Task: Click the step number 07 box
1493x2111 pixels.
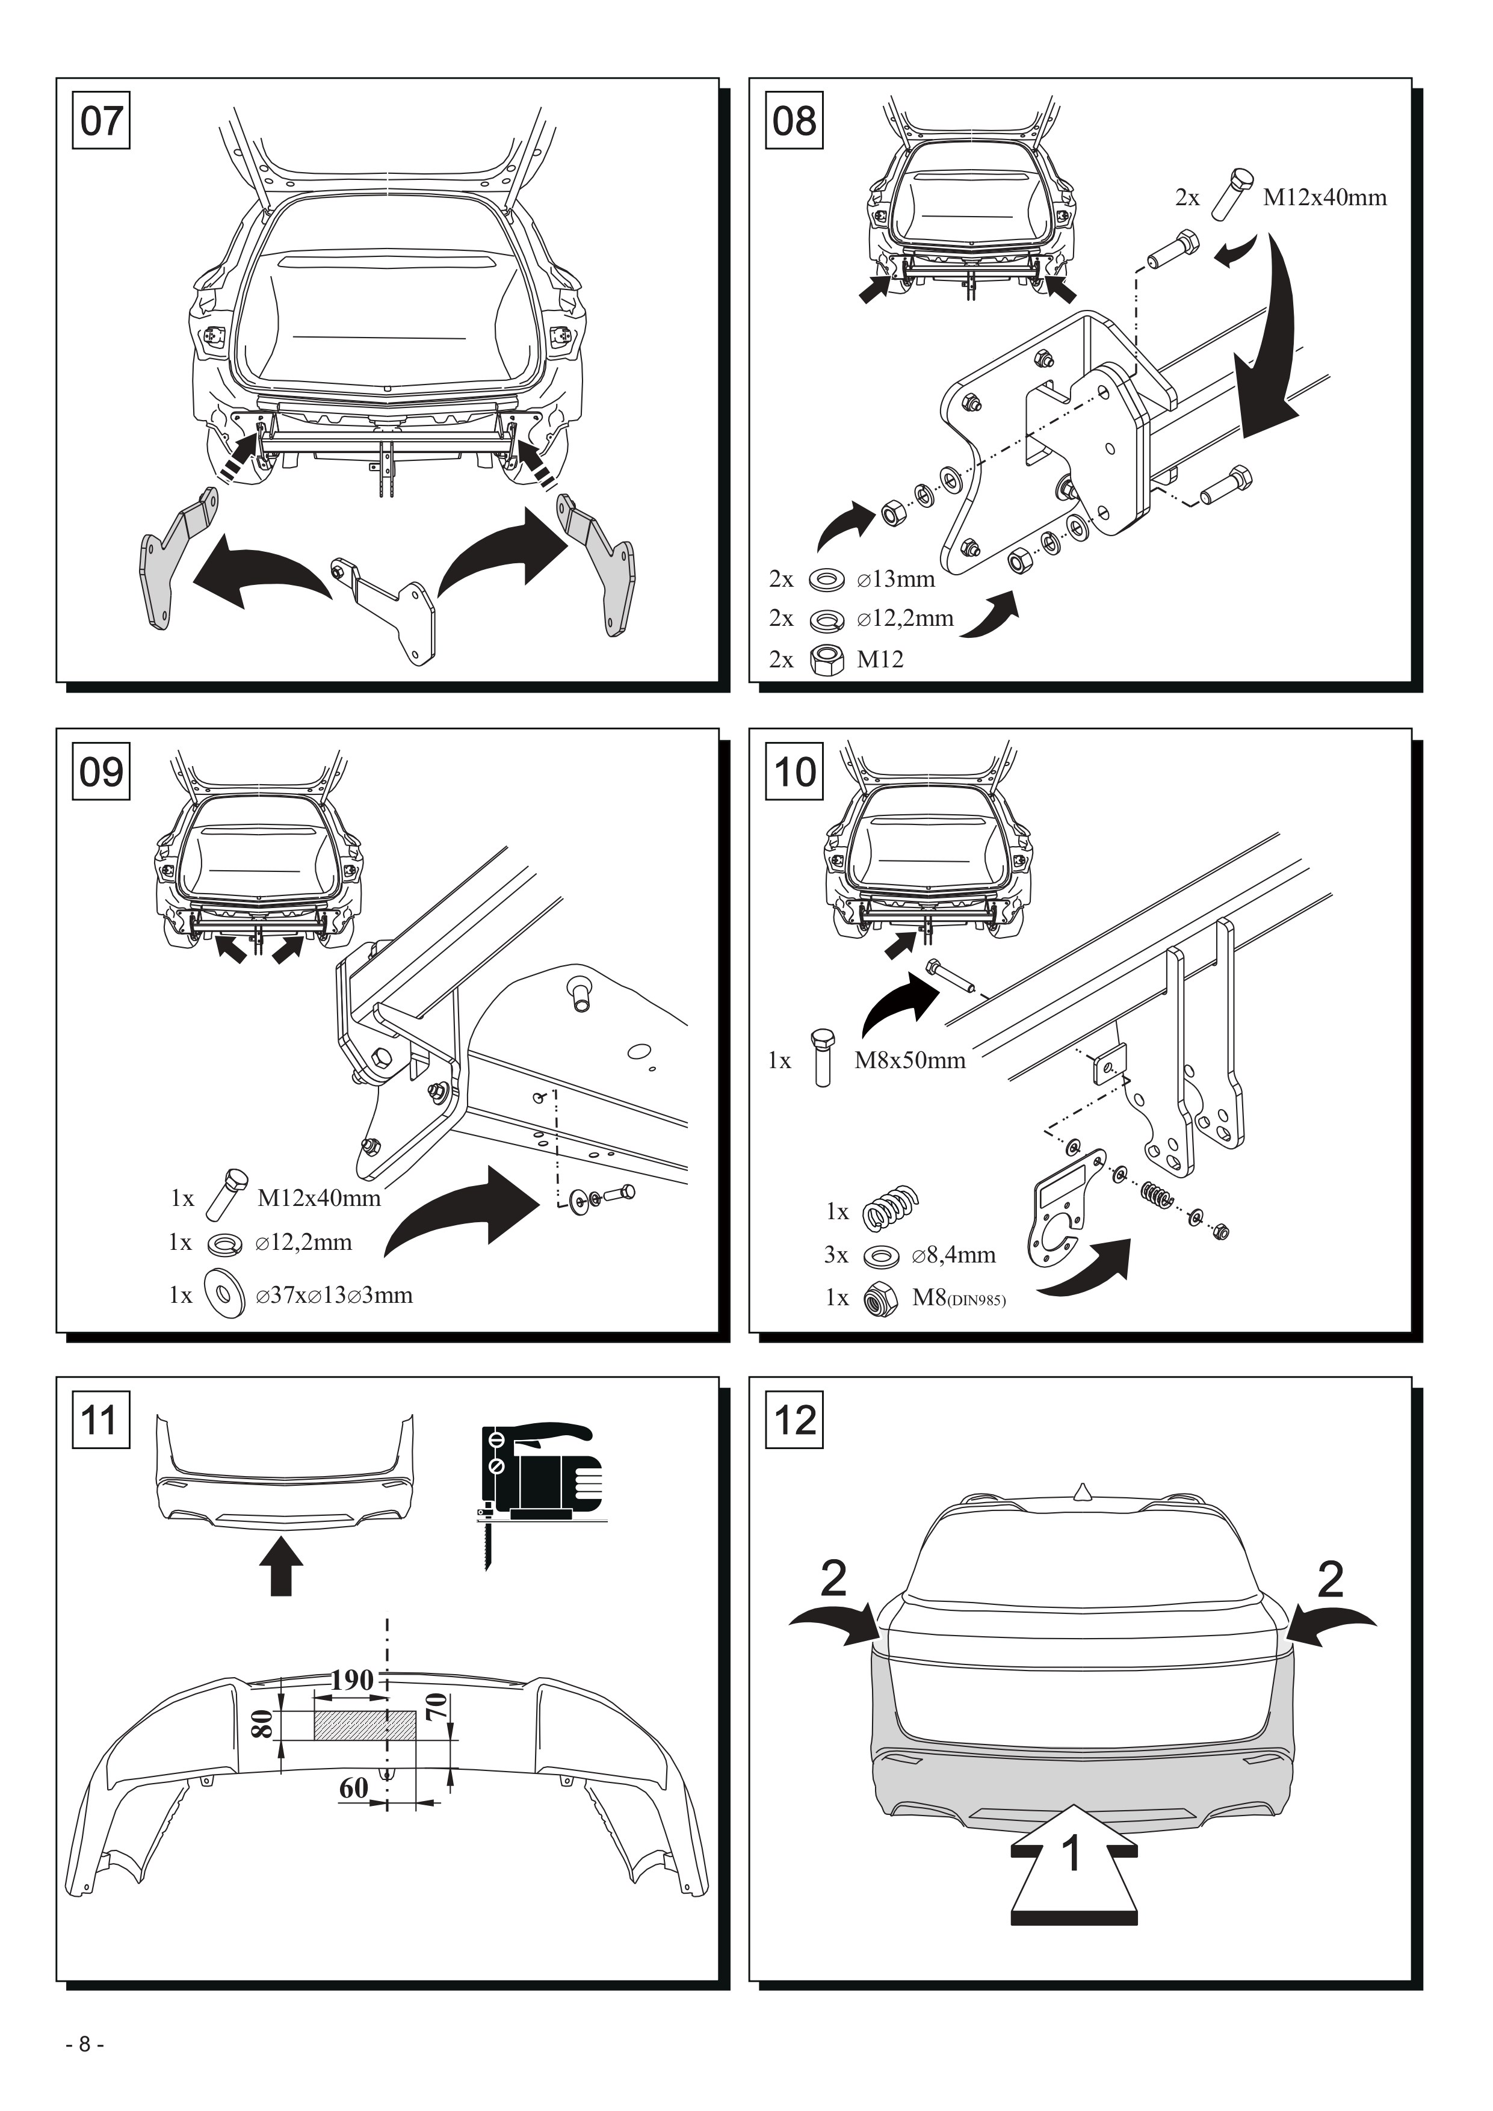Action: point(101,120)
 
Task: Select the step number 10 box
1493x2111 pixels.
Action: point(794,771)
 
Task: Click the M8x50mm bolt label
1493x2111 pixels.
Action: point(909,1060)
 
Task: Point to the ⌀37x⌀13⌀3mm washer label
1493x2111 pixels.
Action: point(335,1296)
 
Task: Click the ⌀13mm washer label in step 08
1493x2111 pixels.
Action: point(895,580)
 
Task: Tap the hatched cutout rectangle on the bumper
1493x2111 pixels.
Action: point(365,1726)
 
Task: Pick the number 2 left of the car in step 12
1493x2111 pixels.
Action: point(833,1580)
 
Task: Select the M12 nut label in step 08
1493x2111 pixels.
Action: point(880,659)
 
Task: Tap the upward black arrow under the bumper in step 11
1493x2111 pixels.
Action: point(281,1569)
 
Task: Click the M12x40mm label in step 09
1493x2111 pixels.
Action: point(319,1198)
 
